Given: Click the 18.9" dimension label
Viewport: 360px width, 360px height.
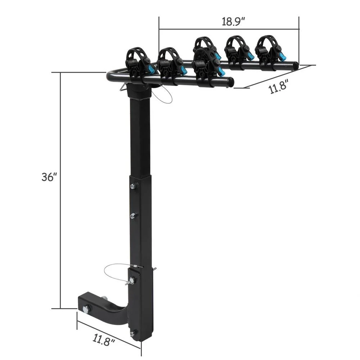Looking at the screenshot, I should (x=233, y=21).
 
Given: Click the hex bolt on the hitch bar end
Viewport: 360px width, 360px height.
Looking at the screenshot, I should (x=86, y=309).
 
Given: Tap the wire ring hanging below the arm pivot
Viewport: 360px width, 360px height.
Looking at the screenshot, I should (x=162, y=95).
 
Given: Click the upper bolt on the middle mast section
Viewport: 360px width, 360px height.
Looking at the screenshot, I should (x=133, y=186).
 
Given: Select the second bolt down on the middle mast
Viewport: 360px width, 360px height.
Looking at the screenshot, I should (x=133, y=215).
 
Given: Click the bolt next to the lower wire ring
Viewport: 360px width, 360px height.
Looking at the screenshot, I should (x=132, y=280).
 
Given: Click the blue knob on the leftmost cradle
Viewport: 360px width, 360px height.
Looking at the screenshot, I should (x=152, y=69).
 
